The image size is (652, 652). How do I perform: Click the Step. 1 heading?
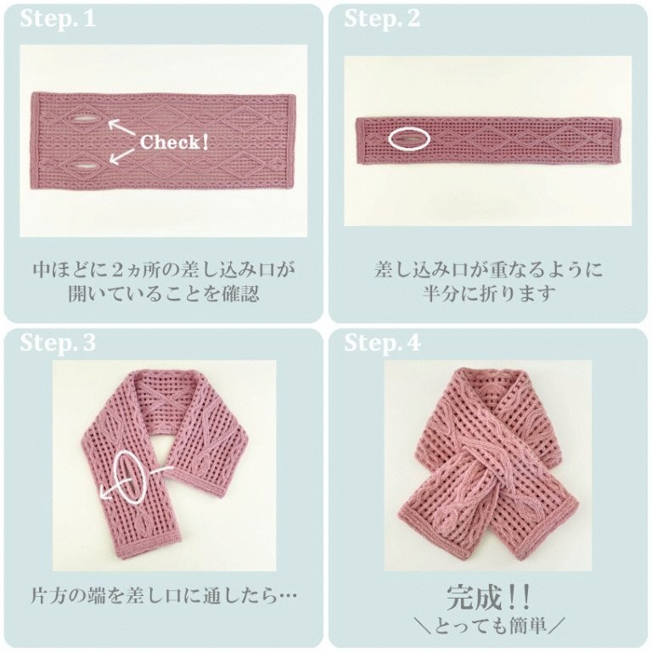(58, 19)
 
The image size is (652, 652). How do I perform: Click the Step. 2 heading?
(382, 19)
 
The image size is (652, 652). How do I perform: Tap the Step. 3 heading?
(58, 343)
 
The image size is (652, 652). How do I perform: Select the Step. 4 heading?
(382, 343)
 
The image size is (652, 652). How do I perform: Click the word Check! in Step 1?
(174, 143)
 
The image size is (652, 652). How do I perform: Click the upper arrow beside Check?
(122, 127)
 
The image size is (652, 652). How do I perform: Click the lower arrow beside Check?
(122, 155)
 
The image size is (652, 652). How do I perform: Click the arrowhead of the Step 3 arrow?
(104, 495)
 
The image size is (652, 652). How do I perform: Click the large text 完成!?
(488, 598)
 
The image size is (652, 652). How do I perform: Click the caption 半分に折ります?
(488, 293)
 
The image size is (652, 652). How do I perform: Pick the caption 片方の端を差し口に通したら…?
(163, 596)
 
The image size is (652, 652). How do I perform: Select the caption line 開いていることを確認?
(163, 293)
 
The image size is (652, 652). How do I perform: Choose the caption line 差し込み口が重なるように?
(488, 269)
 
